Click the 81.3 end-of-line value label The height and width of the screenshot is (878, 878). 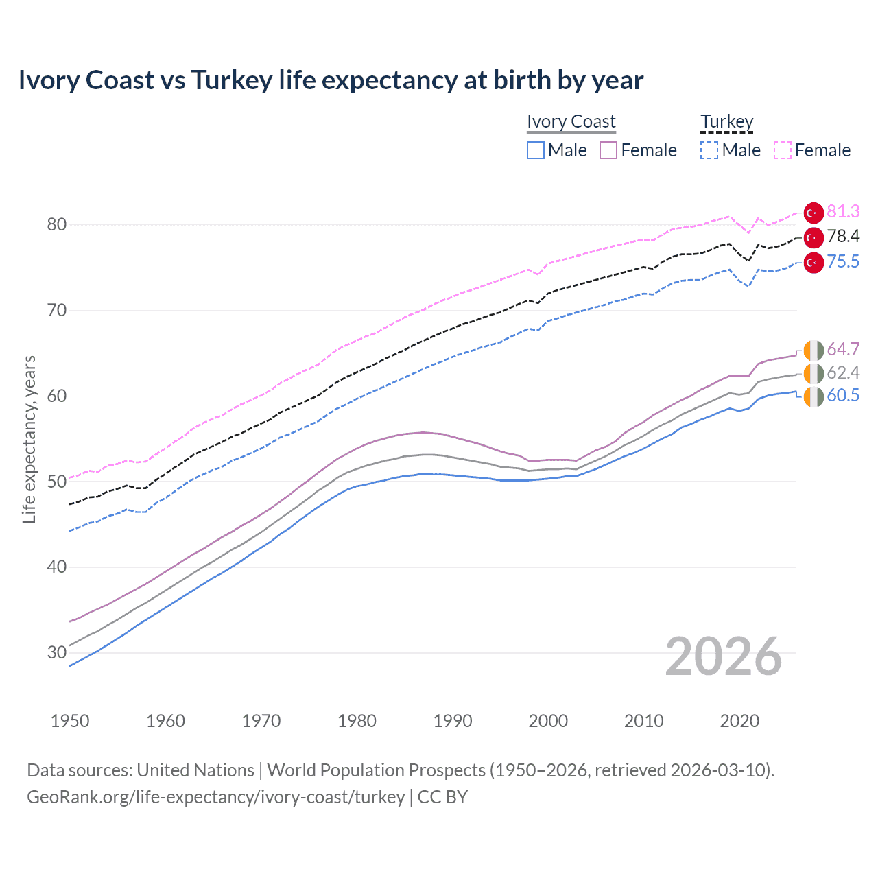click(x=843, y=211)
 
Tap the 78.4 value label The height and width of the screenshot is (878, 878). click(x=843, y=237)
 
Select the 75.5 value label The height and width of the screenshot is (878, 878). click(x=843, y=262)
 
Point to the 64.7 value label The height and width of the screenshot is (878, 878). click(x=843, y=349)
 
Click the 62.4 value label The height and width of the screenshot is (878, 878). click(x=843, y=372)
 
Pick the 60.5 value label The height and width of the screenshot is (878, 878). click(x=843, y=396)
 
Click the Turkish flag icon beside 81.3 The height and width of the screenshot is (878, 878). click(x=814, y=213)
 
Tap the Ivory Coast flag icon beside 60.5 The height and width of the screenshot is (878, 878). click(x=814, y=396)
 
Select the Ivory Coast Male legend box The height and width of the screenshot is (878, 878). click(x=536, y=150)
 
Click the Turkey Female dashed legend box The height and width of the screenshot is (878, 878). click(x=783, y=150)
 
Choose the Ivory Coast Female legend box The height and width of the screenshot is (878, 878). click(x=608, y=150)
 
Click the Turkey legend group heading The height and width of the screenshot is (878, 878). click(x=727, y=122)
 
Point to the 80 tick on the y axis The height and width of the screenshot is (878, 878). click(x=57, y=225)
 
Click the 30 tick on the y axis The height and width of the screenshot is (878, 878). click(x=57, y=652)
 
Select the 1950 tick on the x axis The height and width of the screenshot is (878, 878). click(x=70, y=721)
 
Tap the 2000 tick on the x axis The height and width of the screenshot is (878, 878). click(x=548, y=721)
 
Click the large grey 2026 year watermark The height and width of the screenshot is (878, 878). click(x=724, y=657)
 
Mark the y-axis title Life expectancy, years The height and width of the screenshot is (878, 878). click(x=29, y=439)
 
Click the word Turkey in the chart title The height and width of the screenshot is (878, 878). click(x=232, y=80)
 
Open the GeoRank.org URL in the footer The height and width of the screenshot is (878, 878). click(x=215, y=797)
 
